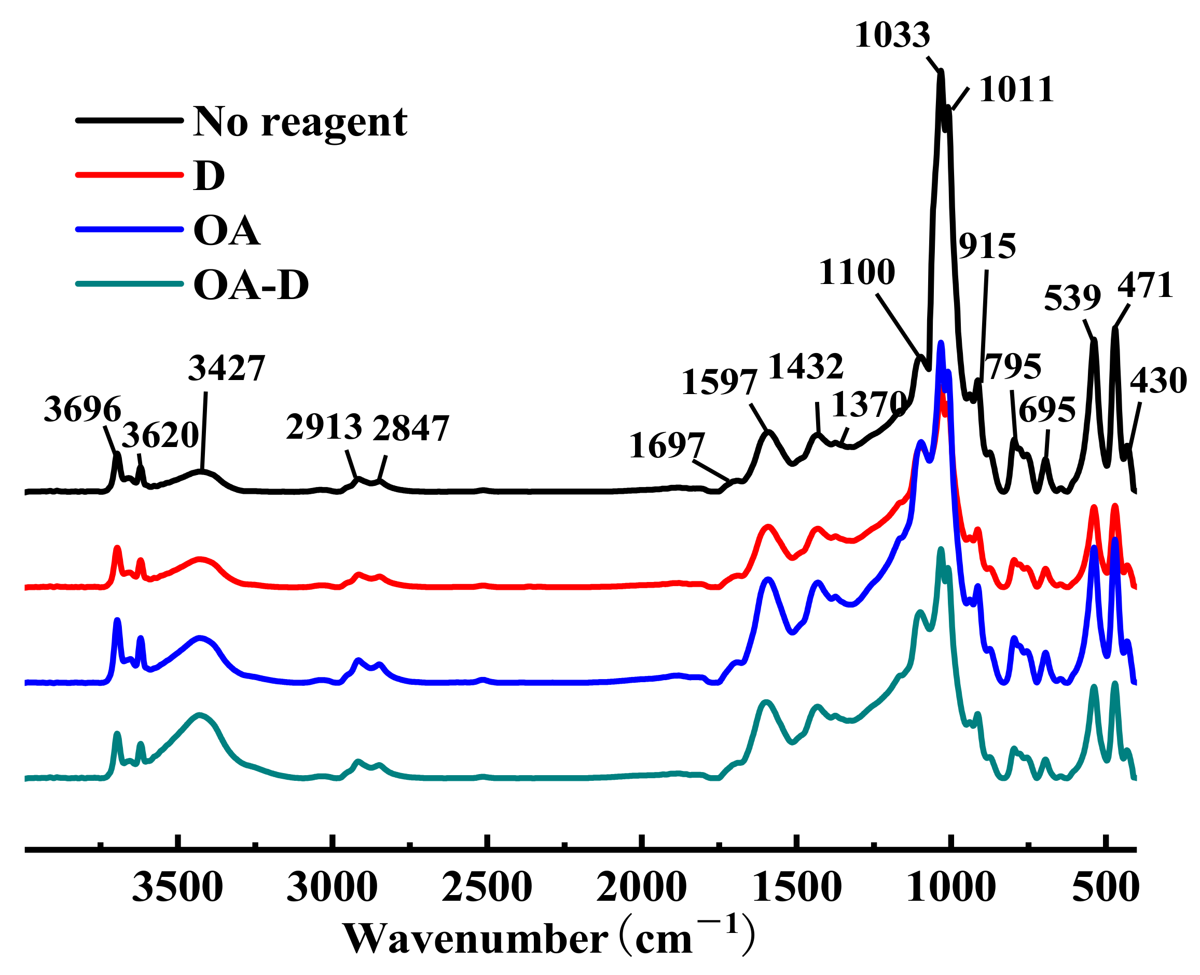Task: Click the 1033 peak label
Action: coord(892,35)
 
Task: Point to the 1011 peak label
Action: coord(1016,90)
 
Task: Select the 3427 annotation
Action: coord(226,369)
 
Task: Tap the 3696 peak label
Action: coord(82,410)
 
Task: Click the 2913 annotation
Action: coord(324,427)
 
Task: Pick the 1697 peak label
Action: coord(666,446)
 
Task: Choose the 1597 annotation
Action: coord(719,383)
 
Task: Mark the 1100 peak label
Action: coord(857,273)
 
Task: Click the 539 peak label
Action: coord(1072,298)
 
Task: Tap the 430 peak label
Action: coord(1158,381)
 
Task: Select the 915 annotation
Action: coord(987,247)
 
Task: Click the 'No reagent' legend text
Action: coord(300,122)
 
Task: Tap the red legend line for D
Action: coord(130,175)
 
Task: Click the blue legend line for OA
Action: coord(130,229)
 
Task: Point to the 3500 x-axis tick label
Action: coord(177,889)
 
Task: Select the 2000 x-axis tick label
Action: coord(641,889)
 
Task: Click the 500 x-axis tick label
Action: coord(1105,889)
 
